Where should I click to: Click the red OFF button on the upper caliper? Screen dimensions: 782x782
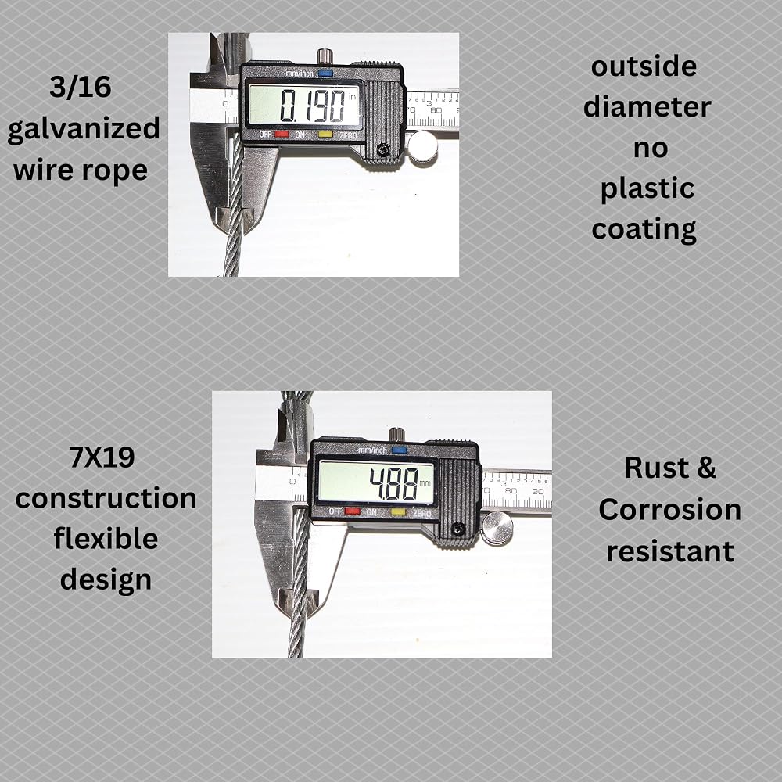(x=282, y=135)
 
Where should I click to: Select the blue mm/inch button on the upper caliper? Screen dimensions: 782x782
(x=325, y=74)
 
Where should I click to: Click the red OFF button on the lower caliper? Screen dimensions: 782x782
(x=352, y=511)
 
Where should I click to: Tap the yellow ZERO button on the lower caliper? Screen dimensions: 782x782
(x=397, y=511)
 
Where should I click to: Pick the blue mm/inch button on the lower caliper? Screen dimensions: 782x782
(x=399, y=450)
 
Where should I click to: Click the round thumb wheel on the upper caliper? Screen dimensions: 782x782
(x=422, y=146)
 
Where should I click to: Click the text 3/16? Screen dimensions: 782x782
(x=81, y=88)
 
